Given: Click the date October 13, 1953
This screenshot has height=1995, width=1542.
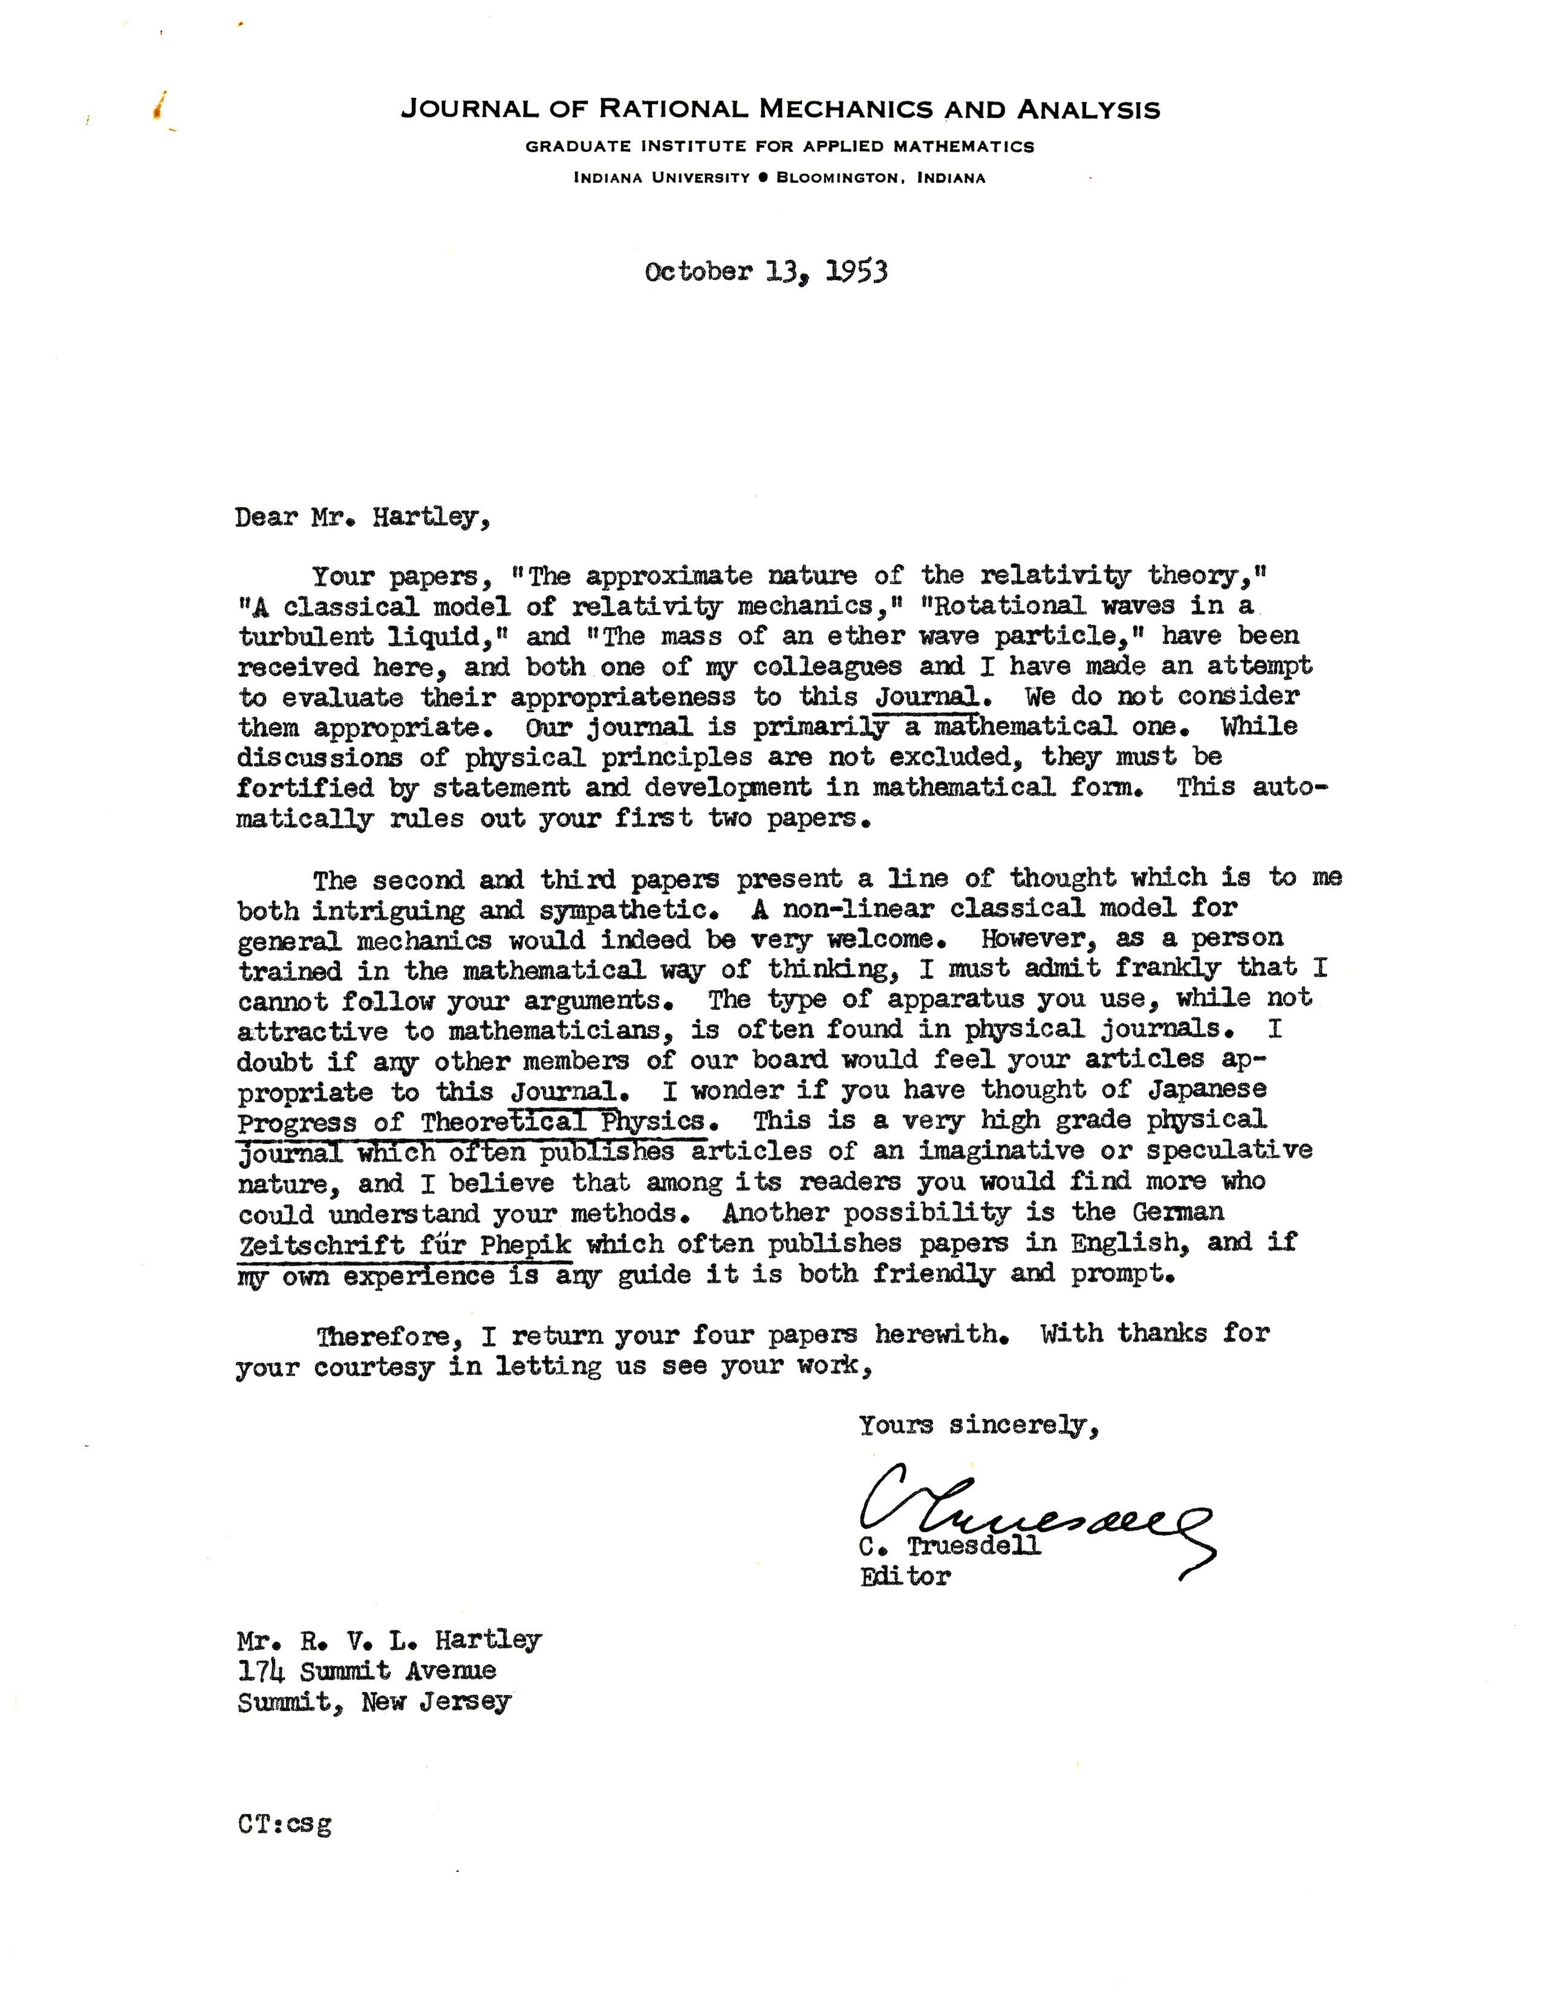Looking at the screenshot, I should pos(766,272).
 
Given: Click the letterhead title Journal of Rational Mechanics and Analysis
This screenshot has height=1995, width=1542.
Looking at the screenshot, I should pos(780,111).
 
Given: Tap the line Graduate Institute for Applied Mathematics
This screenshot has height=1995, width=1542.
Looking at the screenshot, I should pos(779,146).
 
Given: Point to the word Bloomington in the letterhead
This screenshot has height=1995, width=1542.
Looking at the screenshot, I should pos(837,178).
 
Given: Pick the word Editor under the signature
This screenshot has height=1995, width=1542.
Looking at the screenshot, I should pos(905,1575).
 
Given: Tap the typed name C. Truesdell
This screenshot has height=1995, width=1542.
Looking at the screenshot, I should pos(949,1546).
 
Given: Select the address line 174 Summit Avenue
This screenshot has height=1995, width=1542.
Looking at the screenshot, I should pos(366,1671).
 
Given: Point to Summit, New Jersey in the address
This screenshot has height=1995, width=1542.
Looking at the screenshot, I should pos(374,1702).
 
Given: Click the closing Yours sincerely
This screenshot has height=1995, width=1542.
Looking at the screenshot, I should pos(977,1425).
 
